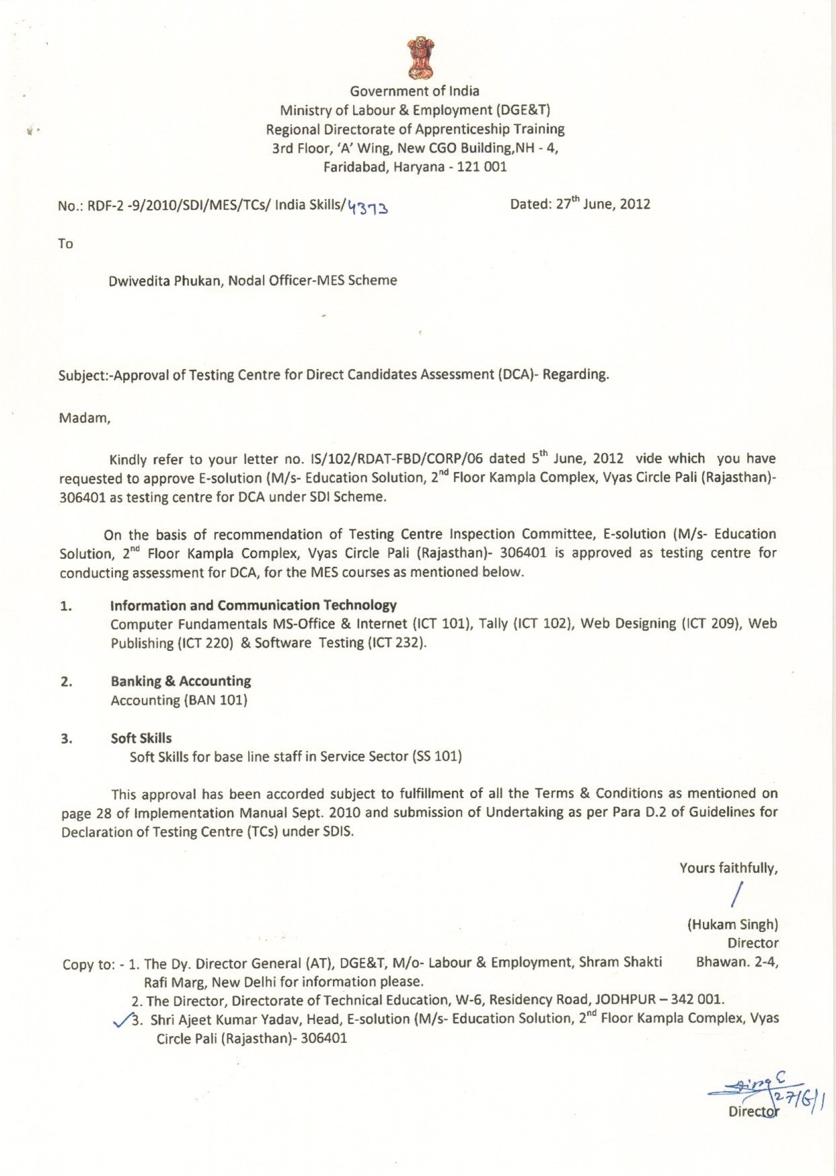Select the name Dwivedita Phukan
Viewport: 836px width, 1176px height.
pos(165,280)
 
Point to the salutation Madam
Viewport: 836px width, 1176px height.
pos(85,418)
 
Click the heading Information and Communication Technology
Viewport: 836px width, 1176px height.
pos(254,605)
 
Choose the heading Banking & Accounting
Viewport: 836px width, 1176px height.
pos(181,681)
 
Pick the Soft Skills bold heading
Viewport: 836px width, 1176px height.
pos(141,738)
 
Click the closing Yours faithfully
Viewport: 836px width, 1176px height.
pos(728,868)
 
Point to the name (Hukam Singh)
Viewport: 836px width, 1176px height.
pos(732,925)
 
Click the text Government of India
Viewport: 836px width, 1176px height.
pos(414,91)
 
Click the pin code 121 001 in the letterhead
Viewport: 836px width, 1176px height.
pos(482,167)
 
